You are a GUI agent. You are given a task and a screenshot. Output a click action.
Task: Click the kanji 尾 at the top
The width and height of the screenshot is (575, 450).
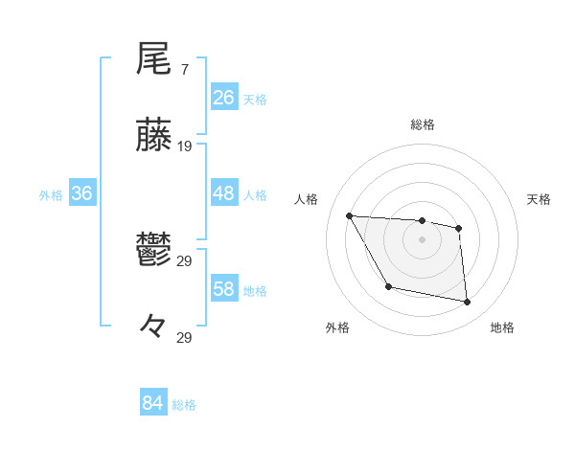[x=153, y=59]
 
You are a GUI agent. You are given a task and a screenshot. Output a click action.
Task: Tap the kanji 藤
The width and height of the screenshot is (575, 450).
[x=153, y=136]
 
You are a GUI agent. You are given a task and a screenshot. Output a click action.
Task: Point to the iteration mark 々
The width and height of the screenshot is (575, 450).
[x=153, y=327]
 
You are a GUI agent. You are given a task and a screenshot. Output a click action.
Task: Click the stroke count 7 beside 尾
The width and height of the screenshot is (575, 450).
[x=184, y=71]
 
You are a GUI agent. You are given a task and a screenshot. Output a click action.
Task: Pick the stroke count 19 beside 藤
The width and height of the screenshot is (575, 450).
[x=185, y=146]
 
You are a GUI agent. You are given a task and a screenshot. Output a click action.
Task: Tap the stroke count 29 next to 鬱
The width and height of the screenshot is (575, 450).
[x=185, y=261]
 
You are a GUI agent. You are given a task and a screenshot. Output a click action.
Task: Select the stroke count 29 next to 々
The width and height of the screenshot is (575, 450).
[x=185, y=338]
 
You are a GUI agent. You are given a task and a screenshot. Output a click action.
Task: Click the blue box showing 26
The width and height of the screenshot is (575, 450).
[x=224, y=98]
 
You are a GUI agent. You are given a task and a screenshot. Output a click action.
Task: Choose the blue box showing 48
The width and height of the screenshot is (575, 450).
[x=224, y=193]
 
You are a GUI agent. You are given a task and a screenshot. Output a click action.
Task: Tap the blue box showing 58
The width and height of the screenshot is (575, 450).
[x=224, y=289]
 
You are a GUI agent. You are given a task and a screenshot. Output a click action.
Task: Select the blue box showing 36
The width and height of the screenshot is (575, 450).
[x=82, y=193]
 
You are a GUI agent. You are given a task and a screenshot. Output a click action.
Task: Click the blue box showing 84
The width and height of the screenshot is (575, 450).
[x=153, y=404]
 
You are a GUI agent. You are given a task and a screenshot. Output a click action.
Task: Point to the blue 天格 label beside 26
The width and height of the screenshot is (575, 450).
[x=255, y=99]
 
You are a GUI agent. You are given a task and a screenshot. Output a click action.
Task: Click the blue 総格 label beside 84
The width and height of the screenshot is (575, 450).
[x=184, y=405]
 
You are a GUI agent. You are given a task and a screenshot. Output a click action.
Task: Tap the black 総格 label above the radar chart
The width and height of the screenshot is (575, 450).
[x=423, y=124]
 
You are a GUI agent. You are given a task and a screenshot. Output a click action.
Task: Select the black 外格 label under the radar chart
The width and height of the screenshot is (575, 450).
[x=337, y=327]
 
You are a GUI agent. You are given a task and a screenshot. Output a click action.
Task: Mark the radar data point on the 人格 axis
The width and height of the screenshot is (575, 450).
[x=350, y=215]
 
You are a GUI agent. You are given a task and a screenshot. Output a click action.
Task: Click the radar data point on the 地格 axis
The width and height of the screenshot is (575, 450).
[x=468, y=303]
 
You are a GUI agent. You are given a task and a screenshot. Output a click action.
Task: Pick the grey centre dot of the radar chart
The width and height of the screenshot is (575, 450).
[x=423, y=239]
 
